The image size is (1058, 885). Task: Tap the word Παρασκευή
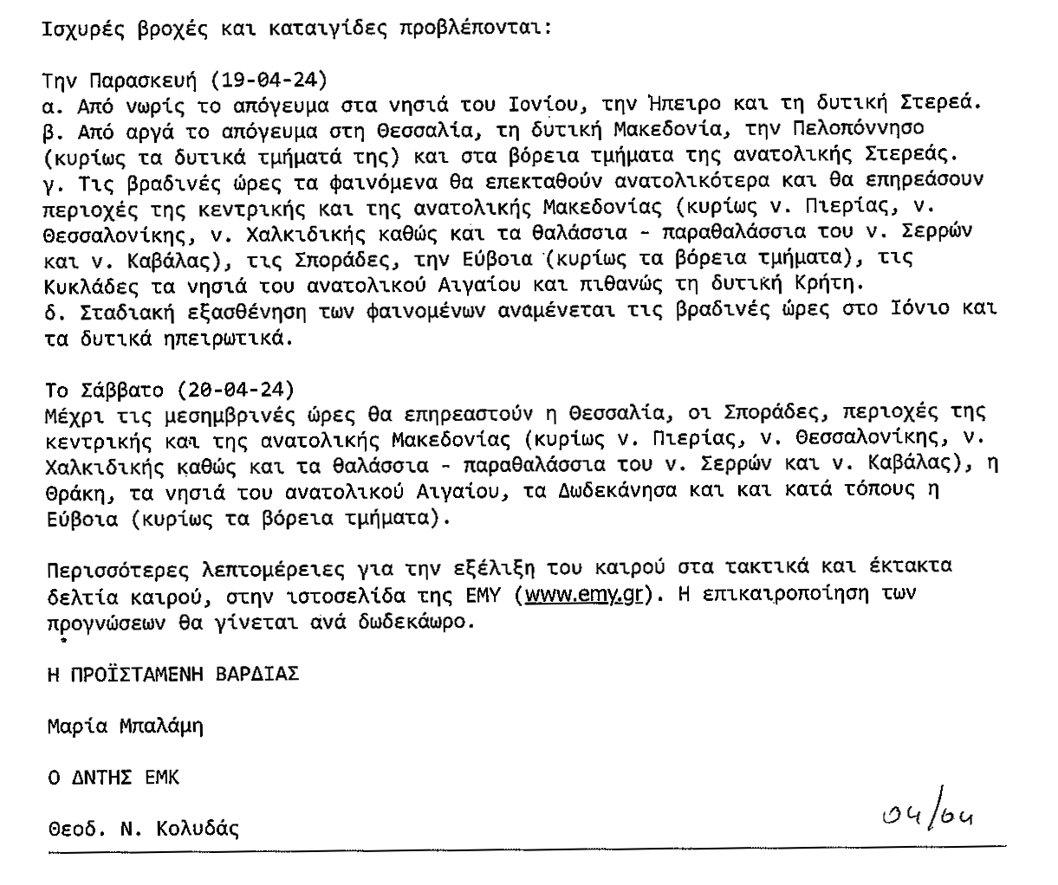pyautogui.click(x=145, y=81)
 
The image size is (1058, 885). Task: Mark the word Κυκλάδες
pyautogui.click(x=88, y=284)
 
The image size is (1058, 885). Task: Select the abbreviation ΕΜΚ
pyautogui.click(x=161, y=778)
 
